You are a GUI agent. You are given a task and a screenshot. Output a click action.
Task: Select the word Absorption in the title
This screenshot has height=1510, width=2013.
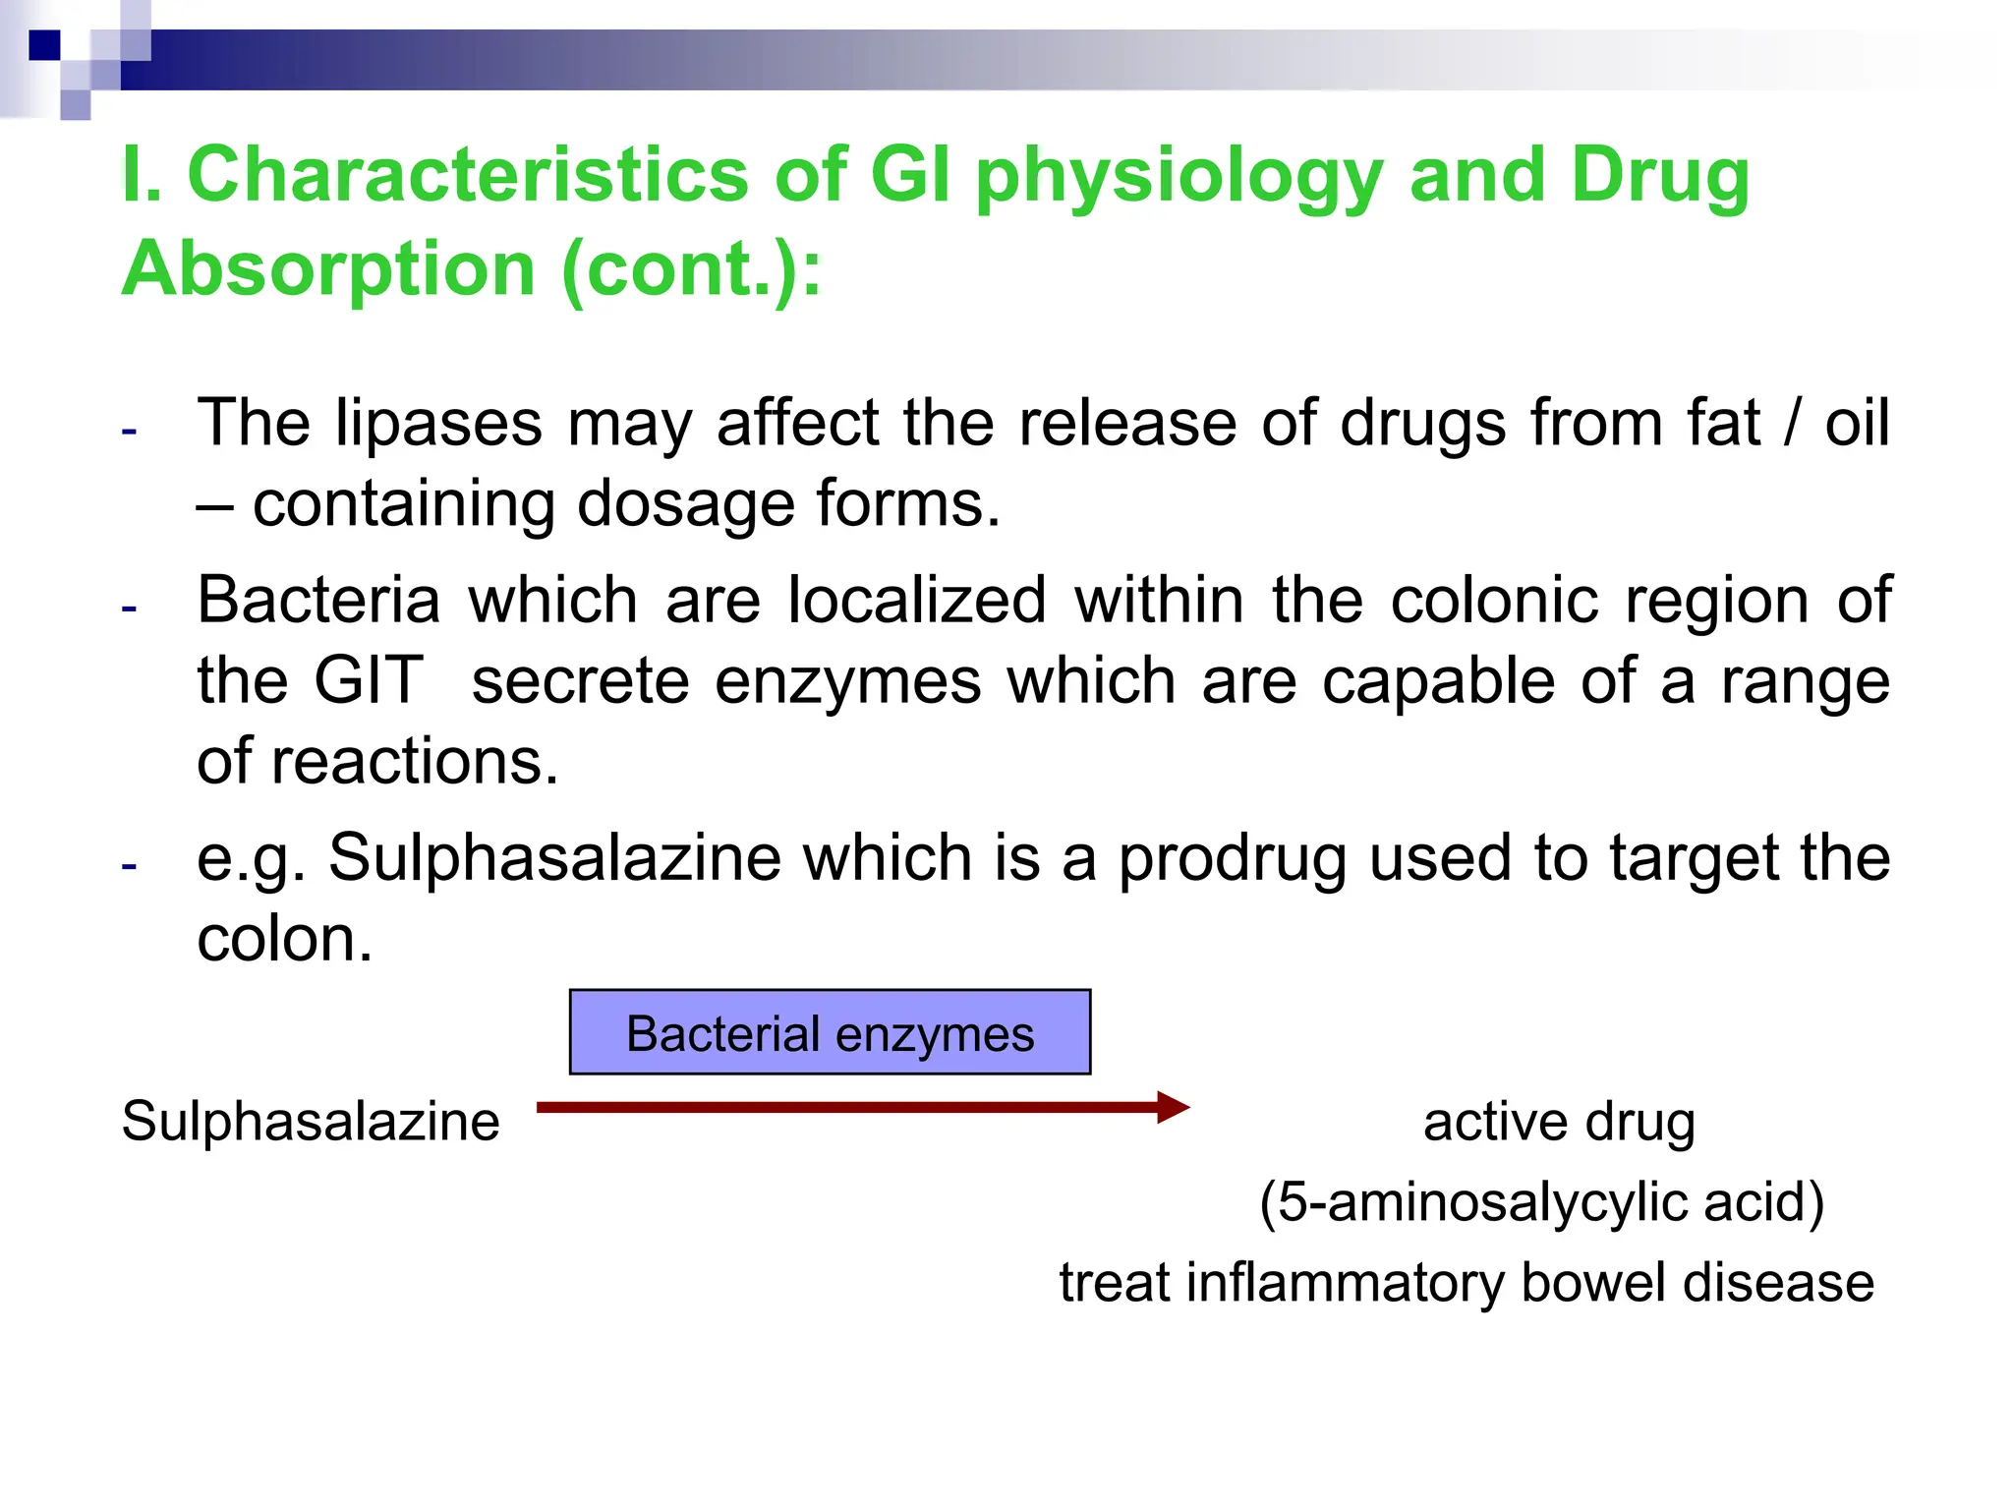click(328, 269)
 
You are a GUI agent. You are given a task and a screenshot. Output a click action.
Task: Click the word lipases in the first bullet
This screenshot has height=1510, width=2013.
click(437, 425)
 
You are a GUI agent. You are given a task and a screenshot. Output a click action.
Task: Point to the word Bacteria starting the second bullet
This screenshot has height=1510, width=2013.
click(318, 601)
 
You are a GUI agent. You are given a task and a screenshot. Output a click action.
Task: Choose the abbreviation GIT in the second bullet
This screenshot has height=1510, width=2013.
click(369, 680)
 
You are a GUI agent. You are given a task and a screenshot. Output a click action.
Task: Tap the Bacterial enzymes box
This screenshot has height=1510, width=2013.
click(830, 1033)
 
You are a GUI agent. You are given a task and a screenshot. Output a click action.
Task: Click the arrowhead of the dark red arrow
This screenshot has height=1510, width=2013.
click(1174, 1108)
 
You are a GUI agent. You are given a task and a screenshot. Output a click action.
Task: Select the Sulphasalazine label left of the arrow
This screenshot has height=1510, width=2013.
click(311, 1122)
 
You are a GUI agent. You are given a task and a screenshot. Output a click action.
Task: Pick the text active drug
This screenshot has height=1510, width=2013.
click(1559, 1122)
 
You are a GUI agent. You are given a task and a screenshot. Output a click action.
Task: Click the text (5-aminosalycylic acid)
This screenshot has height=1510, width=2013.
click(1541, 1202)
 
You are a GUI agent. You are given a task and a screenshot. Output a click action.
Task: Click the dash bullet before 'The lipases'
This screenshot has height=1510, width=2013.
click(129, 431)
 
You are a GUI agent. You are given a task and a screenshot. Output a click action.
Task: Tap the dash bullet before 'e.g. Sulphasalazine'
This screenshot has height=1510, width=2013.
click(129, 866)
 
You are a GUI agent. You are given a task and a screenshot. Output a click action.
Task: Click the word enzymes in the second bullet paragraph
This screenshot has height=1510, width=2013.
click(847, 680)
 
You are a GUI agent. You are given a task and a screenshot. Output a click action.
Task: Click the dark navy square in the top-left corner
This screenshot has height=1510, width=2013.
click(44, 45)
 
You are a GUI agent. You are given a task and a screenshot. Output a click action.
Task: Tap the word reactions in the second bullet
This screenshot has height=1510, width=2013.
click(414, 761)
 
